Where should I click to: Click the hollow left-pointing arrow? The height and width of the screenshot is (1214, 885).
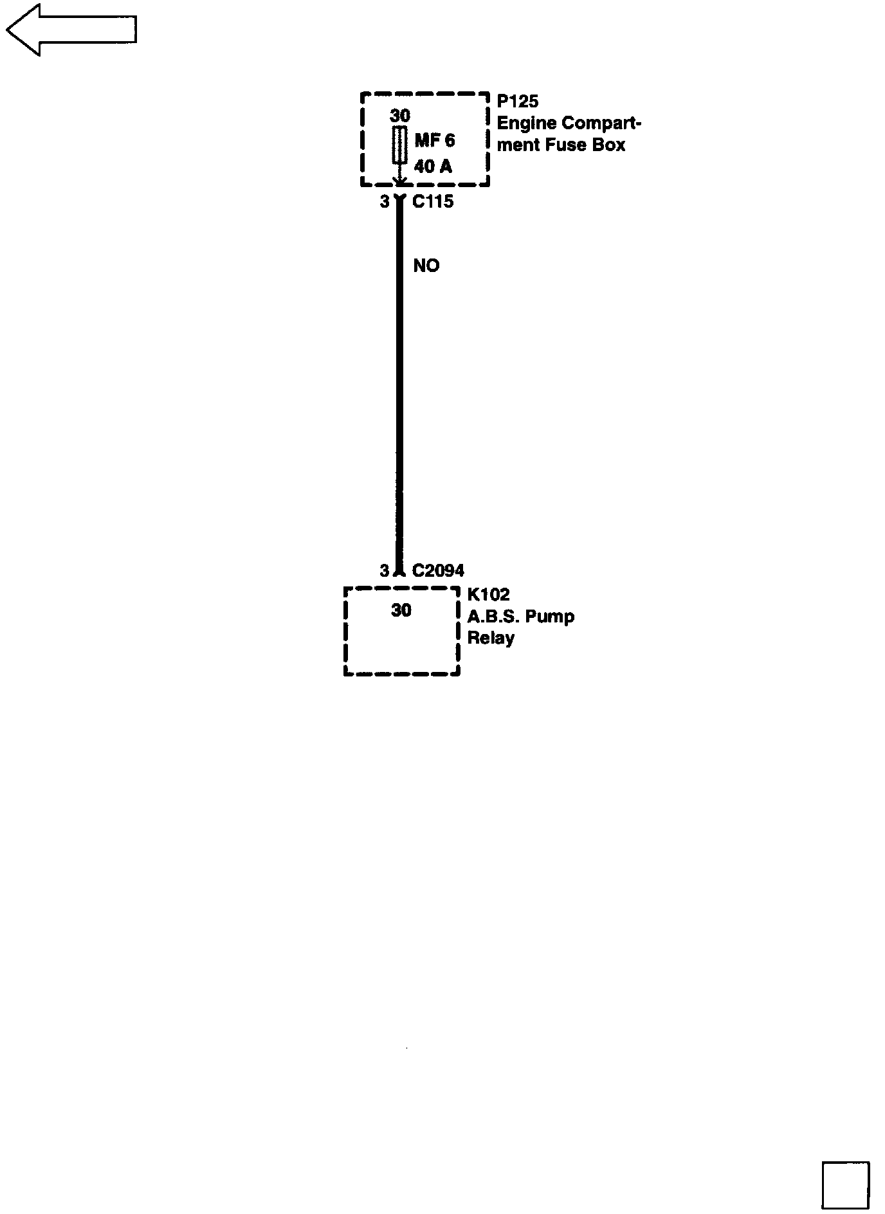(x=71, y=30)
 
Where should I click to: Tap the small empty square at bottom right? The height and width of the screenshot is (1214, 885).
(x=845, y=1184)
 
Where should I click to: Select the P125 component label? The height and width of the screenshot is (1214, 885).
(x=517, y=101)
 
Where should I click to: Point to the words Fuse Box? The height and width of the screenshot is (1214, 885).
(x=585, y=145)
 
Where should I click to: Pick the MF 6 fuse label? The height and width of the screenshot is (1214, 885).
(x=434, y=141)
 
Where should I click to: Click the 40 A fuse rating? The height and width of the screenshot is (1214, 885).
(x=433, y=167)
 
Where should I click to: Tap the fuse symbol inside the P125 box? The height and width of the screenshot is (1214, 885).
(x=399, y=145)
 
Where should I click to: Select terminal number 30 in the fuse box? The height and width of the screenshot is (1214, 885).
(x=399, y=116)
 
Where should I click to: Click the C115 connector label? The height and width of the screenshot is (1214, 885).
(x=432, y=202)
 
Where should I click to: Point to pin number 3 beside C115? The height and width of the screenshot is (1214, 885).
(x=384, y=202)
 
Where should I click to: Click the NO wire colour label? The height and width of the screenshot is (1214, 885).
(x=426, y=266)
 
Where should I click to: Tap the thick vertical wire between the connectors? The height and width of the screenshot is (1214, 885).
(x=399, y=386)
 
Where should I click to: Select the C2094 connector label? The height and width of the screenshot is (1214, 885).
(x=437, y=570)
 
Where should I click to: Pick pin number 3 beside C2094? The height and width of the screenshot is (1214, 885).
(x=384, y=570)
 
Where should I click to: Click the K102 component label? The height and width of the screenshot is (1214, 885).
(x=488, y=594)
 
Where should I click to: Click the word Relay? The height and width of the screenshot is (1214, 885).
(x=491, y=639)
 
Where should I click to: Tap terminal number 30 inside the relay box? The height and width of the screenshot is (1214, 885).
(x=401, y=610)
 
